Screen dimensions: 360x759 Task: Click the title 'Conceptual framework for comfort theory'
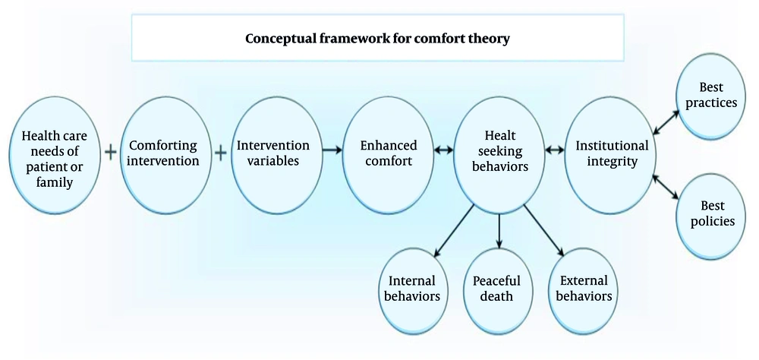(x=376, y=38)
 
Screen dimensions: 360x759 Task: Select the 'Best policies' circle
(x=712, y=213)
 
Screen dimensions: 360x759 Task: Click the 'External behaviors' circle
(x=583, y=286)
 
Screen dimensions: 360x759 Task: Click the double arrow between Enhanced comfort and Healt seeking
(x=443, y=150)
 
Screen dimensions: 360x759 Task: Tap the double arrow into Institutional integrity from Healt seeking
(x=556, y=150)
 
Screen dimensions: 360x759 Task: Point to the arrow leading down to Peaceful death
(x=499, y=231)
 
